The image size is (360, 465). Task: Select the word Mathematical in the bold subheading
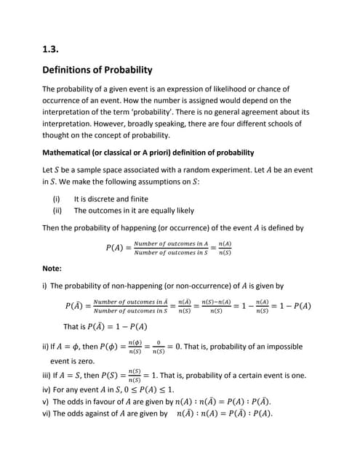click(73, 153)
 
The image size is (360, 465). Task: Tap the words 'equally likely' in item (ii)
click(170, 210)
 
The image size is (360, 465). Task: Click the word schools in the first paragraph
click(288, 124)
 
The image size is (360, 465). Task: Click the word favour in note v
click(95, 401)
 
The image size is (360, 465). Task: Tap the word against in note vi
click(97, 413)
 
